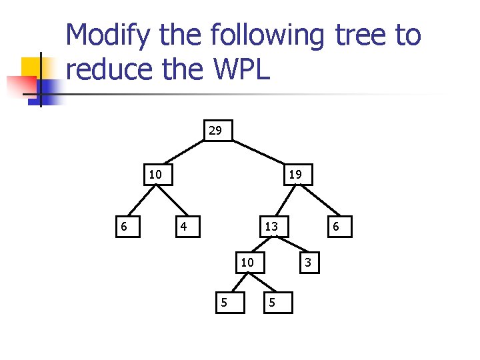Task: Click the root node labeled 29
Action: pyautogui.click(x=215, y=130)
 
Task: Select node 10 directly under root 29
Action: pyautogui.click(x=155, y=175)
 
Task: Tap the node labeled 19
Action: pyautogui.click(x=295, y=175)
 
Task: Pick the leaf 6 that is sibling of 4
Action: pyautogui.click(x=123, y=227)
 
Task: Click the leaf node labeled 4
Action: pyautogui.click(x=184, y=227)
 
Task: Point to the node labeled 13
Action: pyautogui.click(x=271, y=227)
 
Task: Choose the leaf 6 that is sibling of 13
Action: pyautogui.click(x=336, y=227)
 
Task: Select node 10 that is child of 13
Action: pyautogui.click(x=247, y=263)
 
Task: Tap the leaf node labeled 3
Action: pyautogui.click(x=308, y=263)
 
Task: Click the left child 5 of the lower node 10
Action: pyautogui.click(x=224, y=302)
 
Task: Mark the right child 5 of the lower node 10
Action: pyautogui.click(x=271, y=302)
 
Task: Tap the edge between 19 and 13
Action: pyautogui.click(x=283, y=201)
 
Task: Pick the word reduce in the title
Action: pyautogui.click(x=107, y=68)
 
